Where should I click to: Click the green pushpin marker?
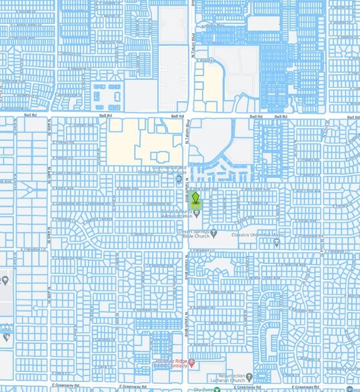click(195, 199)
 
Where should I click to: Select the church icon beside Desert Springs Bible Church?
click(214, 233)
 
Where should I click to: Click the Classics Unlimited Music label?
click(258, 235)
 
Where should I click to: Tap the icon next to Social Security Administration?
click(197, 213)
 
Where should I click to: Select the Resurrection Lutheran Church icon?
click(249, 377)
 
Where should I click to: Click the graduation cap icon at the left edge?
click(5, 336)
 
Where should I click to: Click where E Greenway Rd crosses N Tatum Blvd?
click(185, 385)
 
